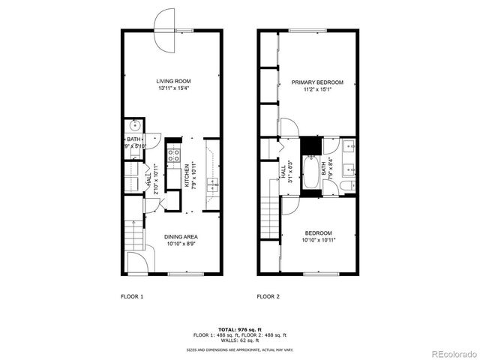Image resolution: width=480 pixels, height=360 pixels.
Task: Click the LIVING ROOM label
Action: point(172,81)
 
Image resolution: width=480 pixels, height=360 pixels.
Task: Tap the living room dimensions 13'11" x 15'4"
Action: point(172,88)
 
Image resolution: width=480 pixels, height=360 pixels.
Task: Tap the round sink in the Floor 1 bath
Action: point(133,126)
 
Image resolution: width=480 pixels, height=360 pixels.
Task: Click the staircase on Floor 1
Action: point(133,236)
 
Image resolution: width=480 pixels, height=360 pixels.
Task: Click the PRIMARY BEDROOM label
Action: point(317,82)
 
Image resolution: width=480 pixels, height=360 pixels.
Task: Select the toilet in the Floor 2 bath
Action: point(346,185)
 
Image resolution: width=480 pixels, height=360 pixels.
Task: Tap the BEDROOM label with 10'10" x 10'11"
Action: point(317,233)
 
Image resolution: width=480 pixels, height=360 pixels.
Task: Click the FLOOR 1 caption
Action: point(132,297)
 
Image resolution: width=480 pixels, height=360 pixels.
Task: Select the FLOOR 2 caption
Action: point(268,297)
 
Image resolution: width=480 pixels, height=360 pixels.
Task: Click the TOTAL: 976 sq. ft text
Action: point(239,328)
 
